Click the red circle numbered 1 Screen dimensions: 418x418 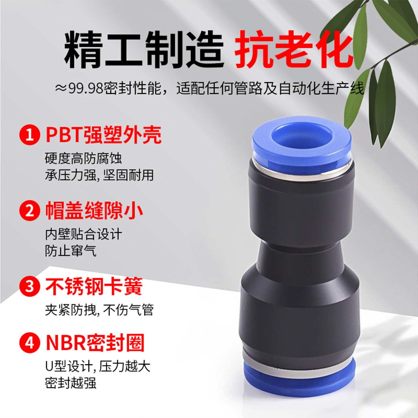30,135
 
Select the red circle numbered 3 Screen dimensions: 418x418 30,286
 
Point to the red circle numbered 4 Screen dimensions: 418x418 30,343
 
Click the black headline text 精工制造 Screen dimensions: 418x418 144,50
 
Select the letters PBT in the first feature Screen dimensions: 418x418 64,135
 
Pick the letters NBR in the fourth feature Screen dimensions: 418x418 66,343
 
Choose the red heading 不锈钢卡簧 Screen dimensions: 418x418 94,286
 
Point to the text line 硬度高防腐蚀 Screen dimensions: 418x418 83,158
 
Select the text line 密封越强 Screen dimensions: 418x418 71,383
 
